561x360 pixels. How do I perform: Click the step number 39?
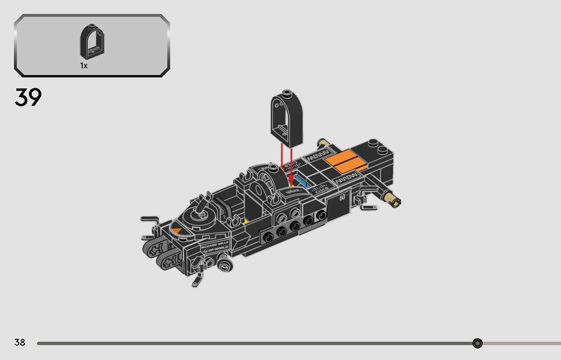(x=28, y=97)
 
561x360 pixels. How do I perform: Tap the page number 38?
(x=20, y=342)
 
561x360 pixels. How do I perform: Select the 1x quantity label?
(x=84, y=66)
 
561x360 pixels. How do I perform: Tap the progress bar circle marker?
(x=477, y=343)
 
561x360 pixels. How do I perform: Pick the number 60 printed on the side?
(x=342, y=197)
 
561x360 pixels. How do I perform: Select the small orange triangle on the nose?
(x=177, y=231)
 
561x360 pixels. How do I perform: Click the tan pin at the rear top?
(x=323, y=143)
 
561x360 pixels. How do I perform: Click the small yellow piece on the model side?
(x=246, y=222)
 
